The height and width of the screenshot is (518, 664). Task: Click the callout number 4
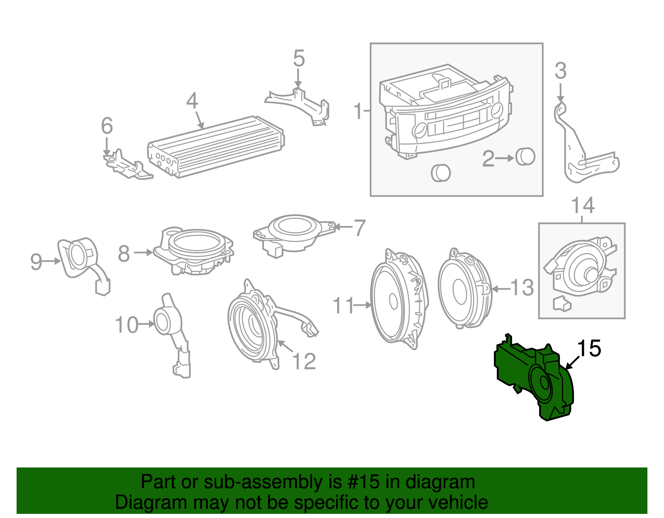coord(192,101)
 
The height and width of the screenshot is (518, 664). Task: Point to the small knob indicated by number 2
coord(525,157)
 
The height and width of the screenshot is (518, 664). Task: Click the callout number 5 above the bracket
coord(298,58)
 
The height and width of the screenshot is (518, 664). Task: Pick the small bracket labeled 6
coord(127,165)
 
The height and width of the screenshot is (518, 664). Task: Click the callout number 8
coord(124,253)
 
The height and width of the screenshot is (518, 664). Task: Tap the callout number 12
coord(304,361)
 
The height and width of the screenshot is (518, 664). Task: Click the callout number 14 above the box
coord(583,205)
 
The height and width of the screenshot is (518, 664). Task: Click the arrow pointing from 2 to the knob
coord(505,158)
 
